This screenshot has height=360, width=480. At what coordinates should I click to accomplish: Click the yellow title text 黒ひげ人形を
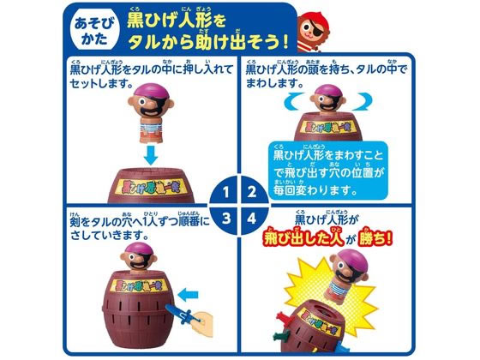(x=180, y=22)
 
